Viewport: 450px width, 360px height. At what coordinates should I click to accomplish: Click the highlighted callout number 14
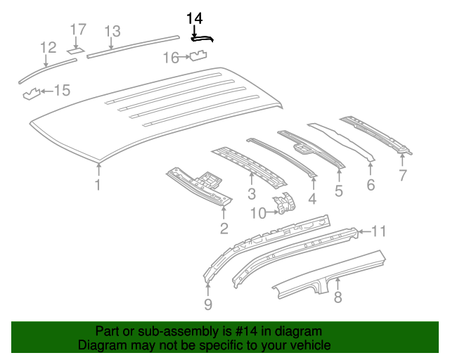tap(194, 18)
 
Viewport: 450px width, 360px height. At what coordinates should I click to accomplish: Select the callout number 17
tap(77, 30)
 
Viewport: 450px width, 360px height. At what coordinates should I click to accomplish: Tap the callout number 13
tap(112, 31)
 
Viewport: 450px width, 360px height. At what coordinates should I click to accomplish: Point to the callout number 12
tap(48, 48)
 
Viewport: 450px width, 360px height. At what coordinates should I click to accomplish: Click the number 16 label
tap(172, 58)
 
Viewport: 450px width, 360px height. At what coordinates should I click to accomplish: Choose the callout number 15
tap(63, 90)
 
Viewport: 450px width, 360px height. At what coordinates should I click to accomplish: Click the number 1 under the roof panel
tap(98, 186)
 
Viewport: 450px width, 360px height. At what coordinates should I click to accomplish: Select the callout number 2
tap(224, 228)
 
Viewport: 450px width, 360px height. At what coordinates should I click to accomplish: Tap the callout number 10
tap(257, 212)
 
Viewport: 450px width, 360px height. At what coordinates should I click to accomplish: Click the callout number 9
tap(207, 304)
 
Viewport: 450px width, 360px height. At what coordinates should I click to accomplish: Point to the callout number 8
tap(337, 297)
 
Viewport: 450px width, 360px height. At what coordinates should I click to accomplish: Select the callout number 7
tap(402, 176)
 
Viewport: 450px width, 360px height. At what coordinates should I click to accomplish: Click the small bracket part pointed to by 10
tap(285, 205)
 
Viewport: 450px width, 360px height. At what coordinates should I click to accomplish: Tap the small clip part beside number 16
tap(200, 56)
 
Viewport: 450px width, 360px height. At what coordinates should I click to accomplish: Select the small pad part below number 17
tap(75, 50)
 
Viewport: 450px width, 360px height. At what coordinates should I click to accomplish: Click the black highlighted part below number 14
tap(202, 39)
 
